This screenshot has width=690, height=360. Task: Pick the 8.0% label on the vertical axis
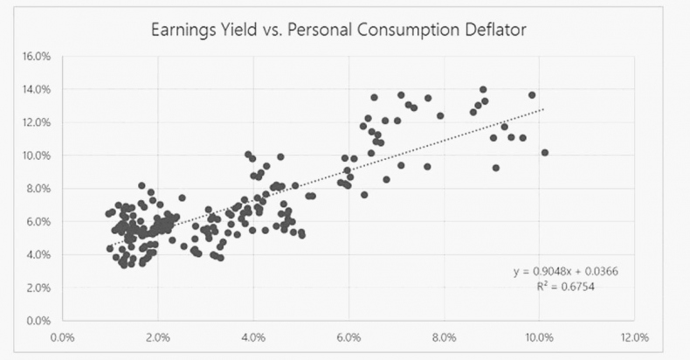(x=37, y=188)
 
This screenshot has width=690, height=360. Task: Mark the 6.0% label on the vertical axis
(x=37, y=221)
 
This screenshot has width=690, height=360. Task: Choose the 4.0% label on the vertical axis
(x=37, y=254)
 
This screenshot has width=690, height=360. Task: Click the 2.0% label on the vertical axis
(x=37, y=287)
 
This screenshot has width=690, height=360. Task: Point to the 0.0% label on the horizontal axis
(x=62, y=336)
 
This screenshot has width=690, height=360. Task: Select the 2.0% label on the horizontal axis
(x=157, y=336)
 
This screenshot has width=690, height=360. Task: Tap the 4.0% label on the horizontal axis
(x=252, y=336)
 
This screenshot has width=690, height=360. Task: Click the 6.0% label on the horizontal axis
(x=348, y=336)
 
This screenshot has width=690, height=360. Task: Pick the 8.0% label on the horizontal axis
(x=444, y=336)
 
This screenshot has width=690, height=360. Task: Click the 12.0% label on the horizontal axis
(x=634, y=336)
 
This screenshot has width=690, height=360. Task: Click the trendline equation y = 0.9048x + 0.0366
(x=567, y=272)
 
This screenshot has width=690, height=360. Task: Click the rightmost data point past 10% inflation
(x=545, y=153)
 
